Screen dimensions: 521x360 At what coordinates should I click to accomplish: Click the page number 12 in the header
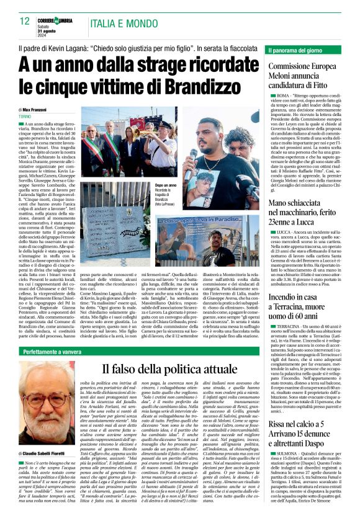[24, 20]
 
